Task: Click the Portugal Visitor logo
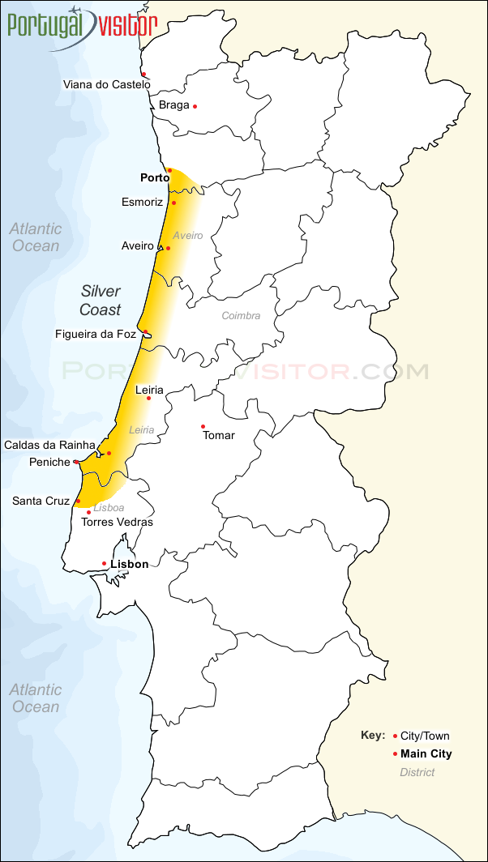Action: (81, 26)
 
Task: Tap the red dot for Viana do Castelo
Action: (143, 75)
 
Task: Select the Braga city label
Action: (173, 105)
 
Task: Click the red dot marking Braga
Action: (195, 106)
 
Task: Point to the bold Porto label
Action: (155, 178)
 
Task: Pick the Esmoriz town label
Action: (142, 202)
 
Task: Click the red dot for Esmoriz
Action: (173, 203)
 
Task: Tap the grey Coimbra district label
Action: (241, 315)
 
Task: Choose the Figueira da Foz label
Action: (96, 334)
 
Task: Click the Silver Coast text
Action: (100, 301)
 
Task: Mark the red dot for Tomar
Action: (203, 426)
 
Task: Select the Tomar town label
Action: (219, 436)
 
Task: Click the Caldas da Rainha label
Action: (49, 445)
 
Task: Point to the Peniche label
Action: (49, 462)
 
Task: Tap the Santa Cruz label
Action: (41, 501)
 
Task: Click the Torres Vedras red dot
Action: (88, 512)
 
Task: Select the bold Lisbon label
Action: (130, 564)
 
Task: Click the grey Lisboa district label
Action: (109, 508)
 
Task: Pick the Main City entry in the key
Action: (426, 754)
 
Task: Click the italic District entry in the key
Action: (417, 772)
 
